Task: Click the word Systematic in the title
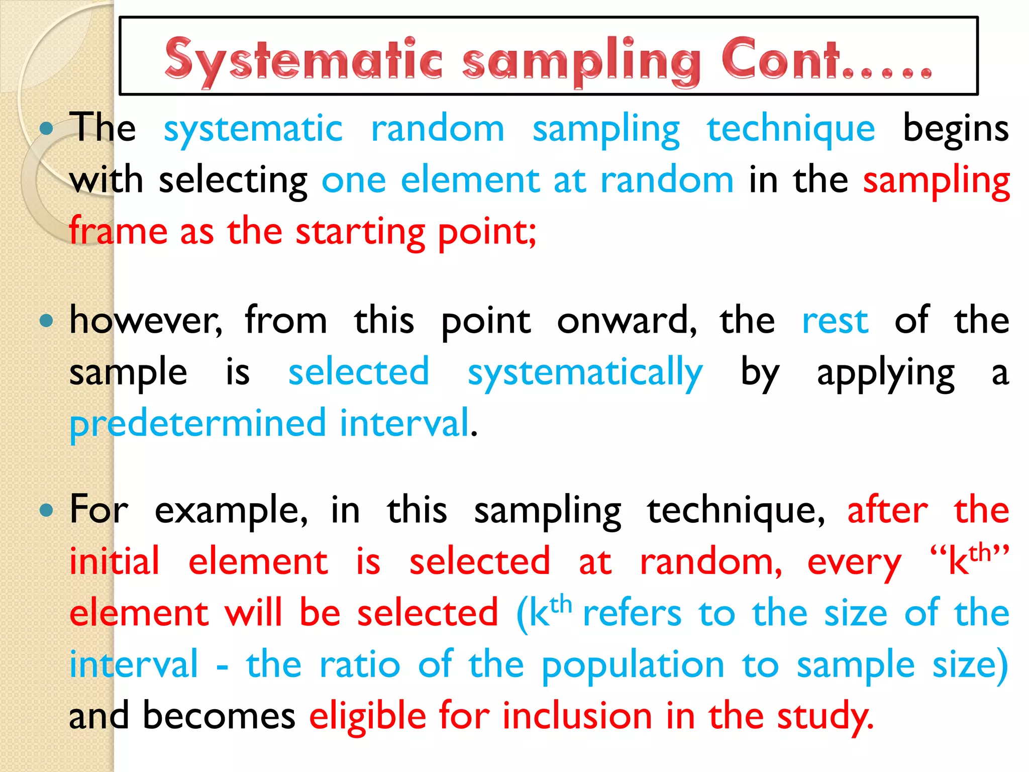click(303, 60)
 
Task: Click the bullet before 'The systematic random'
click(46, 129)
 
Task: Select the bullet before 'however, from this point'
click(46, 321)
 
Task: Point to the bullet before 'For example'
click(46, 511)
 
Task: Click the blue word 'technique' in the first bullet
click(791, 130)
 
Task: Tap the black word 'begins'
click(956, 130)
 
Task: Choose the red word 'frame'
click(118, 232)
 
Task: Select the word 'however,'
click(146, 321)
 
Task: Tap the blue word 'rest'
click(835, 322)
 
